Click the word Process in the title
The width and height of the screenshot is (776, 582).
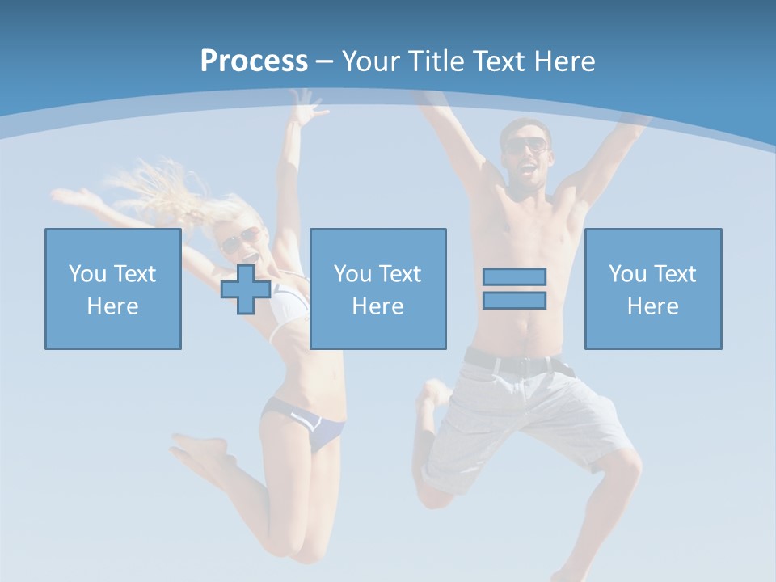[254, 61]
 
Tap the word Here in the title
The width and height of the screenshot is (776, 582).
[563, 61]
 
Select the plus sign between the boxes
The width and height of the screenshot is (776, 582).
[246, 289]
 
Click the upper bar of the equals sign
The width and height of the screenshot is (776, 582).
[514, 276]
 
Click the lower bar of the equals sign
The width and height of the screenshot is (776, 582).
[514, 300]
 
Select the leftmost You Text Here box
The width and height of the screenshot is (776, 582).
[113, 289]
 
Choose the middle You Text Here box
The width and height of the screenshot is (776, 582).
[377, 289]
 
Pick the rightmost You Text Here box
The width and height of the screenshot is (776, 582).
[653, 289]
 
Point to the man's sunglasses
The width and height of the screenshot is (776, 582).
[526, 146]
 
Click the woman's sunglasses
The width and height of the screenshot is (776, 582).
[239, 240]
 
